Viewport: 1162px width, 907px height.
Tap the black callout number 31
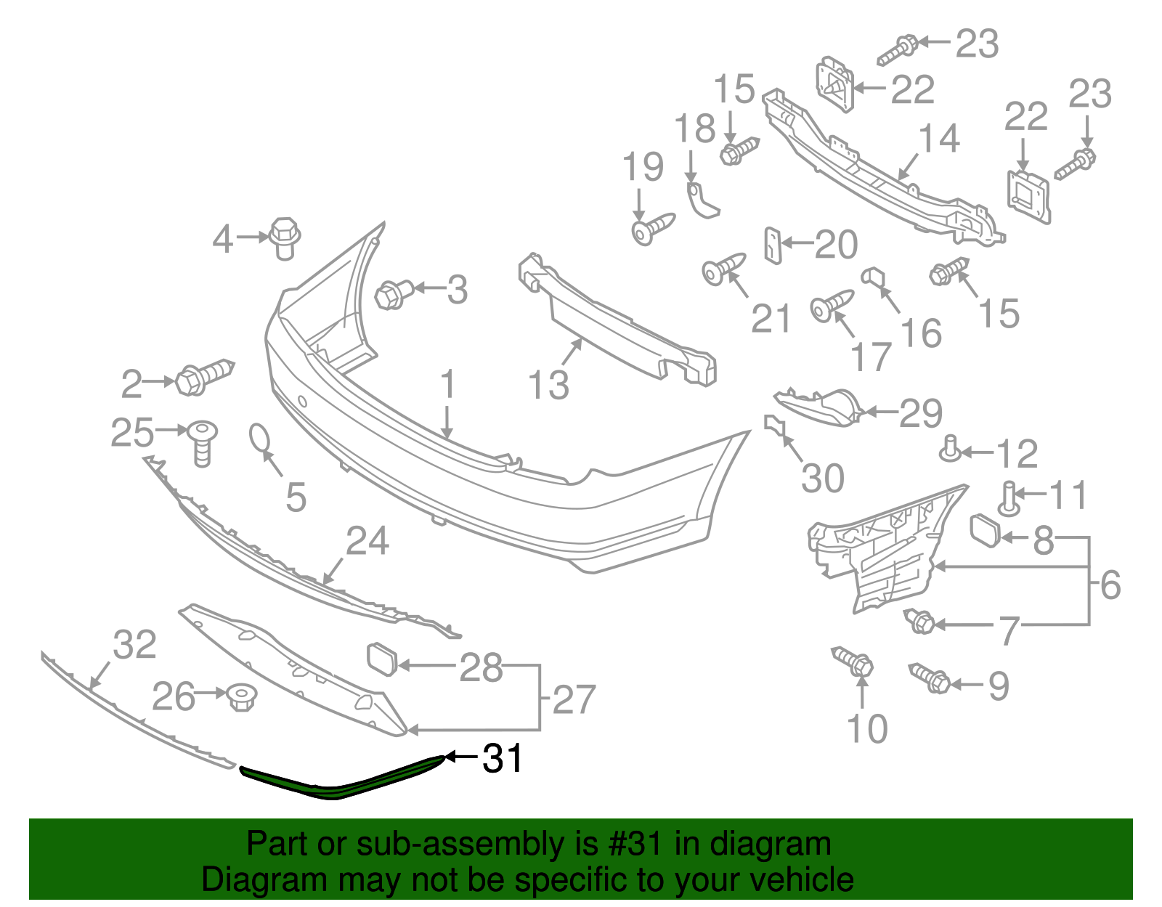pyautogui.click(x=503, y=759)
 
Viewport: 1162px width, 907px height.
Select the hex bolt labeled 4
pyautogui.click(x=285, y=237)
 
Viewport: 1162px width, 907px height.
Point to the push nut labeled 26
pyautogui.click(x=238, y=698)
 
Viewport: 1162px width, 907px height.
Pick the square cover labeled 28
pyautogui.click(x=383, y=659)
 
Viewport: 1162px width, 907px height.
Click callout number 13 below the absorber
pyautogui.click(x=548, y=385)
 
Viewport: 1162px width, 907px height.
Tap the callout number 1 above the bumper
pyautogui.click(x=448, y=385)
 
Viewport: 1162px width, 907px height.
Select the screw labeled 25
pyautogui.click(x=202, y=442)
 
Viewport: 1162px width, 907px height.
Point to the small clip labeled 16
pyautogui.click(x=872, y=277)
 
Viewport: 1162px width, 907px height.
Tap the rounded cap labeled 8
pyautogui.click(x=985, y=529)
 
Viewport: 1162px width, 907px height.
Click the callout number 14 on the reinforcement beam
pyautogui.click(x=939, y=138)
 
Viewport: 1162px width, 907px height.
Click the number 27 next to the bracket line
pyautogui.click(x=574, y=699)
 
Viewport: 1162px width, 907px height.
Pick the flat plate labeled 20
pyautogui.click(x=773, y=245)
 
